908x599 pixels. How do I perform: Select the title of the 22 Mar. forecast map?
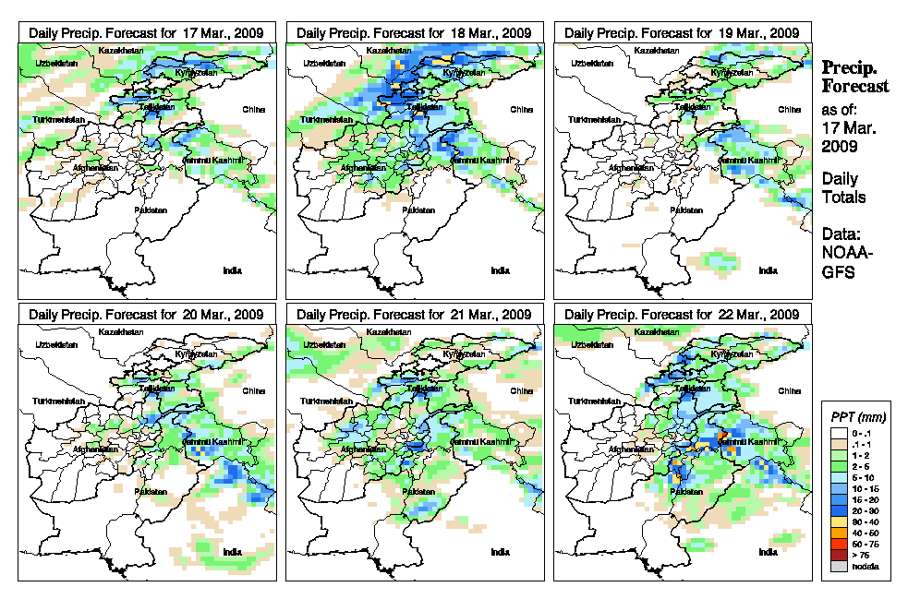682,315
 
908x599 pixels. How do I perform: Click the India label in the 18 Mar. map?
500,270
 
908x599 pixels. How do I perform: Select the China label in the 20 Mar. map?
253,390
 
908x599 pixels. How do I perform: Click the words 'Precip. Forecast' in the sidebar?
855,77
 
